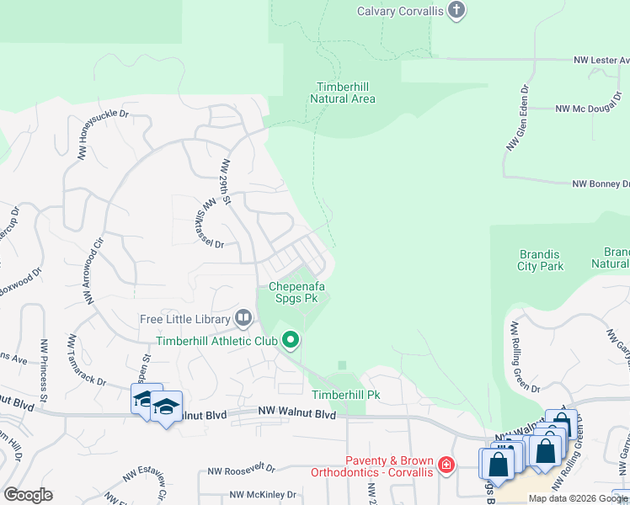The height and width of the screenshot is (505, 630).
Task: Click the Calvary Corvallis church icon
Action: point(456,11)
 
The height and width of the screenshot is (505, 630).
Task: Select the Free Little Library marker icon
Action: point(243,318)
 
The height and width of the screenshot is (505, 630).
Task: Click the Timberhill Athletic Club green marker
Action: point(291,340)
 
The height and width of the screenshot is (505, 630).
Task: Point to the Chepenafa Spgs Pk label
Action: point(296,291)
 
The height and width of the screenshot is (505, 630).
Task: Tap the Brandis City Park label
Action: point(540,260)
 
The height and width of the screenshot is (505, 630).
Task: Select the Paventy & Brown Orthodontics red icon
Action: point(446,464)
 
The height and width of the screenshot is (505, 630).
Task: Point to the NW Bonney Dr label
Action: point(601,183)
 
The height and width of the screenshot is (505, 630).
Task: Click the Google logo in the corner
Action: point(28,494)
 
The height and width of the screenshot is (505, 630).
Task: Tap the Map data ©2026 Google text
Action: point(578,498)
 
